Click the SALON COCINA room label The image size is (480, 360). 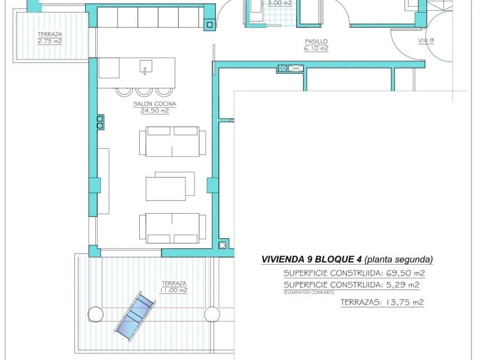point(151,104)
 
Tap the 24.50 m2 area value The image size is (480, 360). point(151,111)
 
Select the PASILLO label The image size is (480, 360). point(316,41)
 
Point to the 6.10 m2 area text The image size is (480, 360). point(316,49)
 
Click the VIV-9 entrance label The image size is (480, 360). point(427,41)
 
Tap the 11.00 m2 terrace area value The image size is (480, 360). point(173,290)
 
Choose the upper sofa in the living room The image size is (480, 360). point(172,141)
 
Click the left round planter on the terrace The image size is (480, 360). point(95,314)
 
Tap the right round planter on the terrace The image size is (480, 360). point(211,314)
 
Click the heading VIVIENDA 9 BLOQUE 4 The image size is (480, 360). point(311,260)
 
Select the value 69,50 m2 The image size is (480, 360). point(404,273)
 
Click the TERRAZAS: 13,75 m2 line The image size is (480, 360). point(382,302)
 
